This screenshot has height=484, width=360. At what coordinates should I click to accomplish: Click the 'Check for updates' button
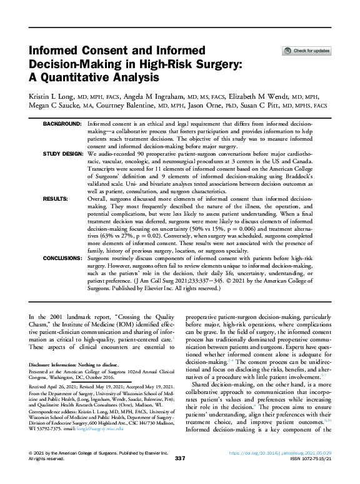click(x=307, y=50)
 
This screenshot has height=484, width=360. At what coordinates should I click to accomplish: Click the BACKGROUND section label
click(x=62, y=125)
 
